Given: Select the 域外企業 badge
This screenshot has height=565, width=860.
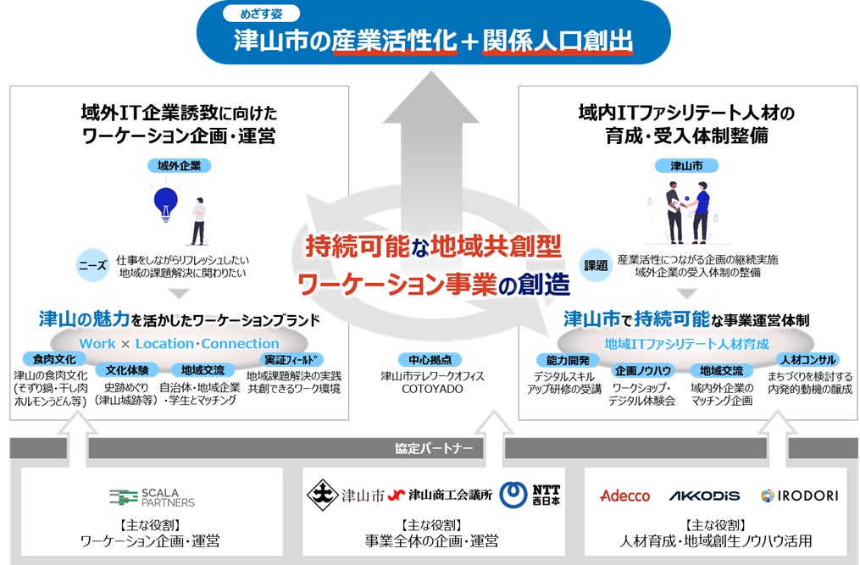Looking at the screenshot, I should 179,165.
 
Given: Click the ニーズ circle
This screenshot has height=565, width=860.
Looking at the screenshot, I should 92,263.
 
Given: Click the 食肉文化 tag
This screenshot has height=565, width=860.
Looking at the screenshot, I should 54,359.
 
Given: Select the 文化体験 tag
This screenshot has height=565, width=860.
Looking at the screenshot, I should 127,370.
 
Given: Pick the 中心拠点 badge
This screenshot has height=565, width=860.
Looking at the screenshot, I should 431,358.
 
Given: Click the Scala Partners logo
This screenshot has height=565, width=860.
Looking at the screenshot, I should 152,496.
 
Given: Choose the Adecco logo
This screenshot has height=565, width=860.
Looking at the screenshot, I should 624,496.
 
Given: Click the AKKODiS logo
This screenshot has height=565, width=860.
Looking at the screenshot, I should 704,496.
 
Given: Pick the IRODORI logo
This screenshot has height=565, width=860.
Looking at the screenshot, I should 799,496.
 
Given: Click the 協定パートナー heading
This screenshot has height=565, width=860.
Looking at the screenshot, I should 431,447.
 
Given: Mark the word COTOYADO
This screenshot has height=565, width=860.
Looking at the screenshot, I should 431,390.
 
